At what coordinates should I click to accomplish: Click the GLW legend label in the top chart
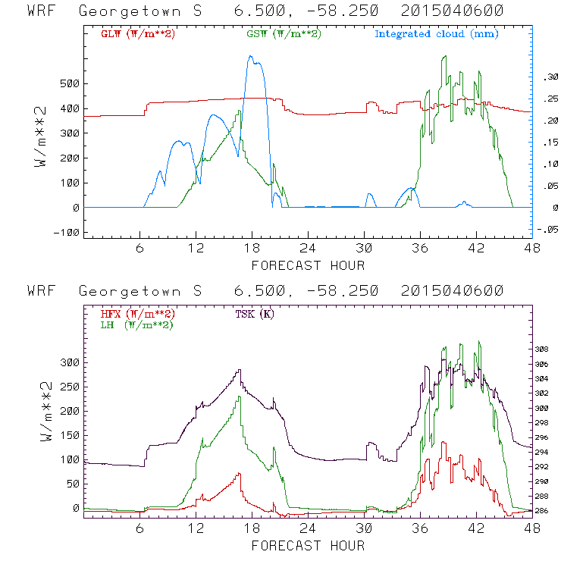click(137, 33)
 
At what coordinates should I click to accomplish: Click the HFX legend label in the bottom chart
click(137, 313)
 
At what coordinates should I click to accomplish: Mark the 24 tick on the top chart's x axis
click(308, 248)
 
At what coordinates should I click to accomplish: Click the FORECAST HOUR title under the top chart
click(308, 265)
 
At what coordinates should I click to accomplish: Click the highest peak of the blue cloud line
click(252, 56)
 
